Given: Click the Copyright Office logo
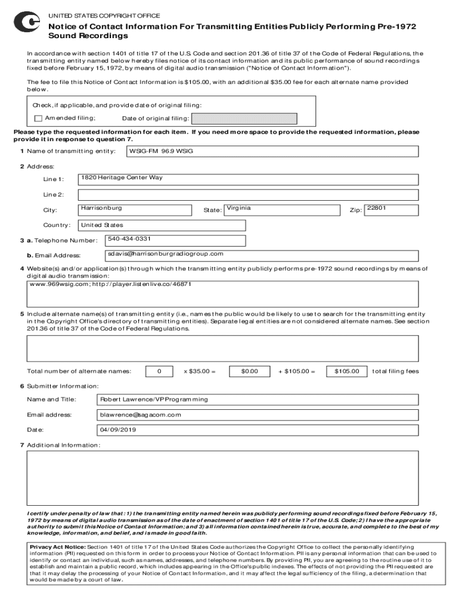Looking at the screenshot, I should click(27, 22).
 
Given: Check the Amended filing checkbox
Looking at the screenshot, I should click(38, 118).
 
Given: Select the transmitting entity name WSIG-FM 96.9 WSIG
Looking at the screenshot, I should click(161, 151).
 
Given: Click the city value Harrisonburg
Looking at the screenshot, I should click(101, 208).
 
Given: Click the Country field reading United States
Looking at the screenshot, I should click(102, 225).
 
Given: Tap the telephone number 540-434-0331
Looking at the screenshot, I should click(129, 239).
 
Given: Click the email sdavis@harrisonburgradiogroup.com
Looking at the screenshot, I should click(166, 254).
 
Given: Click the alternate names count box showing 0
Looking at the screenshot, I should click(159, 371).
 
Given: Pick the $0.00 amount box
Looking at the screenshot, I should click(249, 371).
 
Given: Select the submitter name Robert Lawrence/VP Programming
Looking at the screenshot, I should click(154, 399).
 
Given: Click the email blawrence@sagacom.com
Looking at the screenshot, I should click(141, 415).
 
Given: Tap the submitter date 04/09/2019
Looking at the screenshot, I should click(119, 430).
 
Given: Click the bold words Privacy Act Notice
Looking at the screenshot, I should click(58, 546).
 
